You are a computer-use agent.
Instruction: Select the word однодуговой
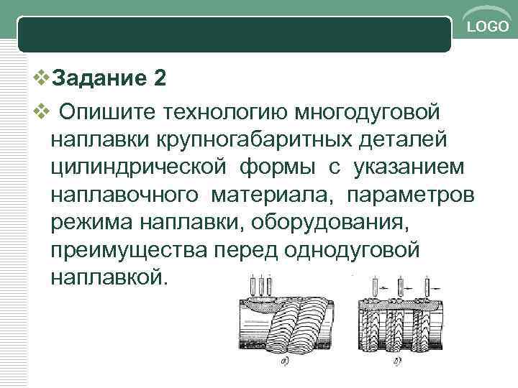tap(352, 249)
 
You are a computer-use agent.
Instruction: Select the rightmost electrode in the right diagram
tap(426, 287)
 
